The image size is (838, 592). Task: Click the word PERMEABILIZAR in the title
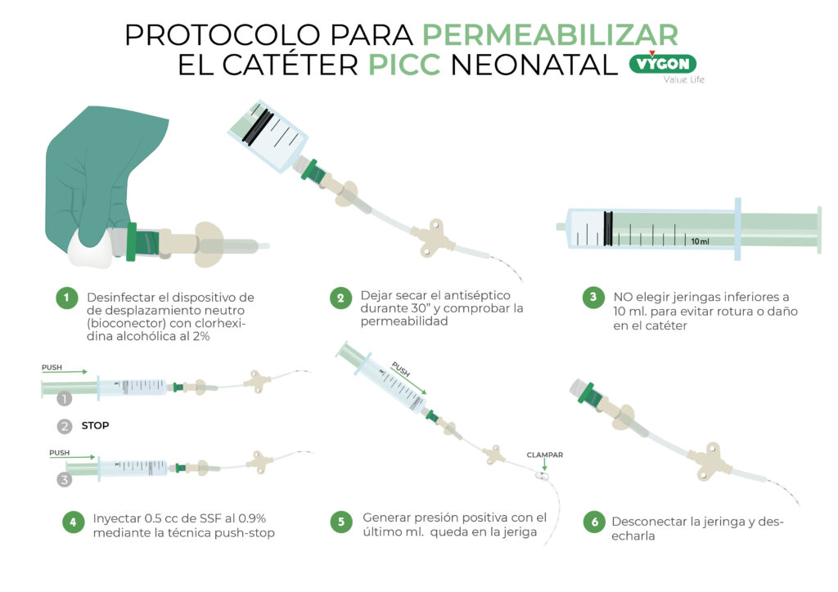(x=550, y=34)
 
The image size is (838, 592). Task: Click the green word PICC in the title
(x=404, y=65)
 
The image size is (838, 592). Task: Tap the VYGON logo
(x=663, y=64)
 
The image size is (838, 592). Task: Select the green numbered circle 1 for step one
(x=65, y=298)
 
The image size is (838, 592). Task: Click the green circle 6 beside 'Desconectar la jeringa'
(x=594, y=521)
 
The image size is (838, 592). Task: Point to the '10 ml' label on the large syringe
(x=699, y=241)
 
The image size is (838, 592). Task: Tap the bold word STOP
(x=96, y=426)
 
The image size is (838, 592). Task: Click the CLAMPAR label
(x=544, y=455)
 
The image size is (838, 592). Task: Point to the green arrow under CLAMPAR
(x=543, y=467)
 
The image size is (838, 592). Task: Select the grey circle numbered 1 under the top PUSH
(x=65, y=400)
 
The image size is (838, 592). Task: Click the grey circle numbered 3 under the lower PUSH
(x=65, y=480)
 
